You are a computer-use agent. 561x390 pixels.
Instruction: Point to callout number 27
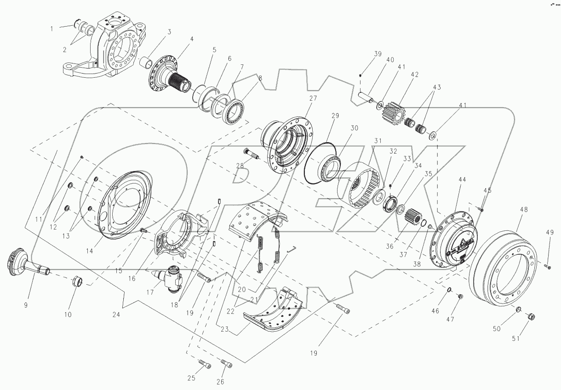click(x=313, y=98)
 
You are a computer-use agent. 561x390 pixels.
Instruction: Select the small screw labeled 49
click(x=548, y=266)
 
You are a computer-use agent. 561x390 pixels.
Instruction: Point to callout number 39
click(x=378, y=54)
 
